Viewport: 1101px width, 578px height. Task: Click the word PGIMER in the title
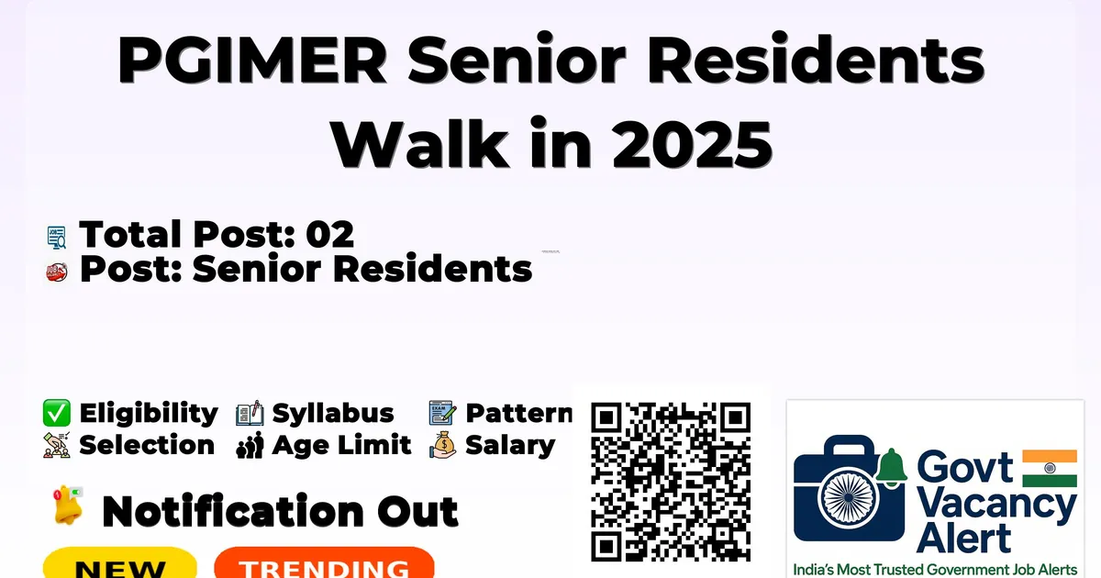point(252,60)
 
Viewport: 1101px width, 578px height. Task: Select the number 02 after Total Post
point(329,234)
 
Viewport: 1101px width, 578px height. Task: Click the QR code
point(671,482)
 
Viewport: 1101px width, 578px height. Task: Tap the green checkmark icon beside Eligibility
point(57,413)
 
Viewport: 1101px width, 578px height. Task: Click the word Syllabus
point(333,414)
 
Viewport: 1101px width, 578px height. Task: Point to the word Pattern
point(518,413)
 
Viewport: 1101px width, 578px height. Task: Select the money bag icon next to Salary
point(443,445)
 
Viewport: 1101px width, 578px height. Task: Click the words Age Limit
point(341,445)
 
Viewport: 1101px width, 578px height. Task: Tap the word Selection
point(147,445)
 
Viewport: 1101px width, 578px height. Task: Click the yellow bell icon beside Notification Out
point(68,506)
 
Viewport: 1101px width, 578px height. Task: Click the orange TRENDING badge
point(325,563)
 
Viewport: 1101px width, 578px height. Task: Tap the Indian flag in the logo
point(1050,468)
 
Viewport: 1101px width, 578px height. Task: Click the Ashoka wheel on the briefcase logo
point(848,497)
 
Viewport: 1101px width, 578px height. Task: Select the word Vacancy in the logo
point(995,506)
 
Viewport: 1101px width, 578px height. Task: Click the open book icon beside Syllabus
point(250,413)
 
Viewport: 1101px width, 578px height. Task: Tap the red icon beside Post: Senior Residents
point(57,272)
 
